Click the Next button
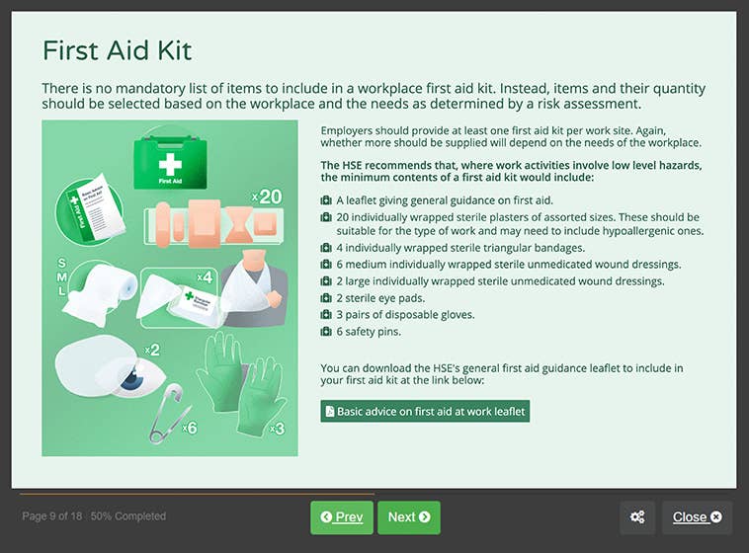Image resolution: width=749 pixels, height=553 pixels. pos(408,516)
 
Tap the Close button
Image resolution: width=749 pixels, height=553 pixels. pos(697,516)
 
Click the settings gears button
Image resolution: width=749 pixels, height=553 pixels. pos(637,516)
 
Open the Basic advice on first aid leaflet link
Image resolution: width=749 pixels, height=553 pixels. pos(425,411)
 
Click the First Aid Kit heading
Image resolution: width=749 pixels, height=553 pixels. pos(117,50)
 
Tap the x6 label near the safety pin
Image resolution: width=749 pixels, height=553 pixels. pos(190,428)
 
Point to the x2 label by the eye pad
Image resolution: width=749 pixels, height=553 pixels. pos(151,350)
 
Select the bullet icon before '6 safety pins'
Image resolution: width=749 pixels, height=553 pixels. pos(326,332)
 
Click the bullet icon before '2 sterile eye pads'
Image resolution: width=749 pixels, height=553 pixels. pos(326,298)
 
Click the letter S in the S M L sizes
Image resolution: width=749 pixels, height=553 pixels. pos(62,264)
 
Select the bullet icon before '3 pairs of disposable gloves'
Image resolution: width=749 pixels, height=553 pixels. pos(326,315)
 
